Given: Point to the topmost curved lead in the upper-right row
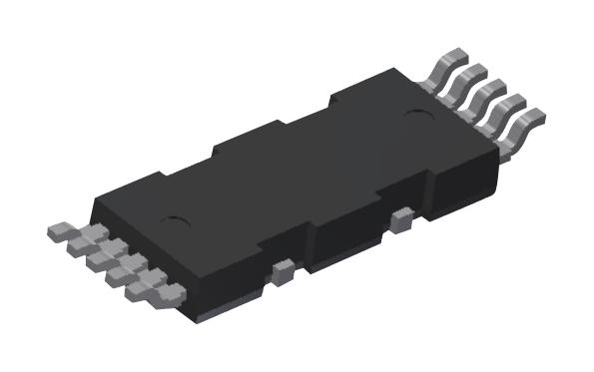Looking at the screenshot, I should [449, 64].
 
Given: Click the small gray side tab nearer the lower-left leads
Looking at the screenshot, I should [283, 266].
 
